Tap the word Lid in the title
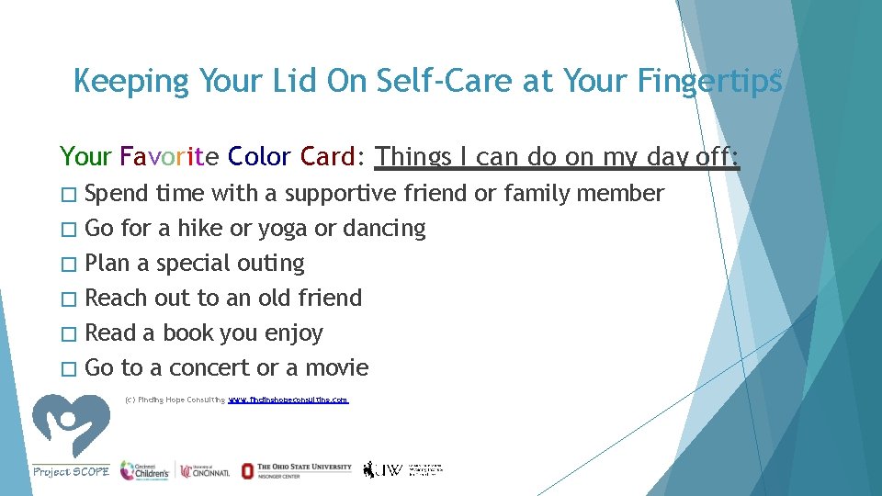292,82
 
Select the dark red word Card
326,157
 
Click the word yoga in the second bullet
284,229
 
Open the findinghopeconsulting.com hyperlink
288,400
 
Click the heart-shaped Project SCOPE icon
71,424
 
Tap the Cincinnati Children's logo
144,470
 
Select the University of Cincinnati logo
207,470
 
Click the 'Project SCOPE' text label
71,471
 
